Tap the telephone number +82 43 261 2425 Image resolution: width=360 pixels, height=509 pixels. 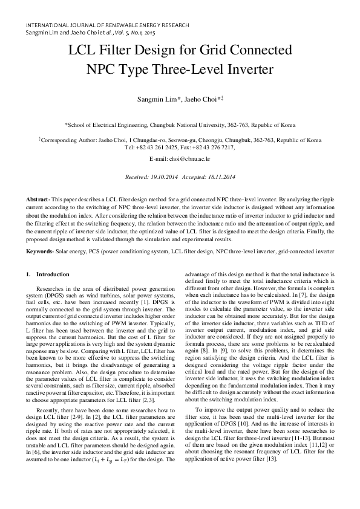[160, 147]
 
